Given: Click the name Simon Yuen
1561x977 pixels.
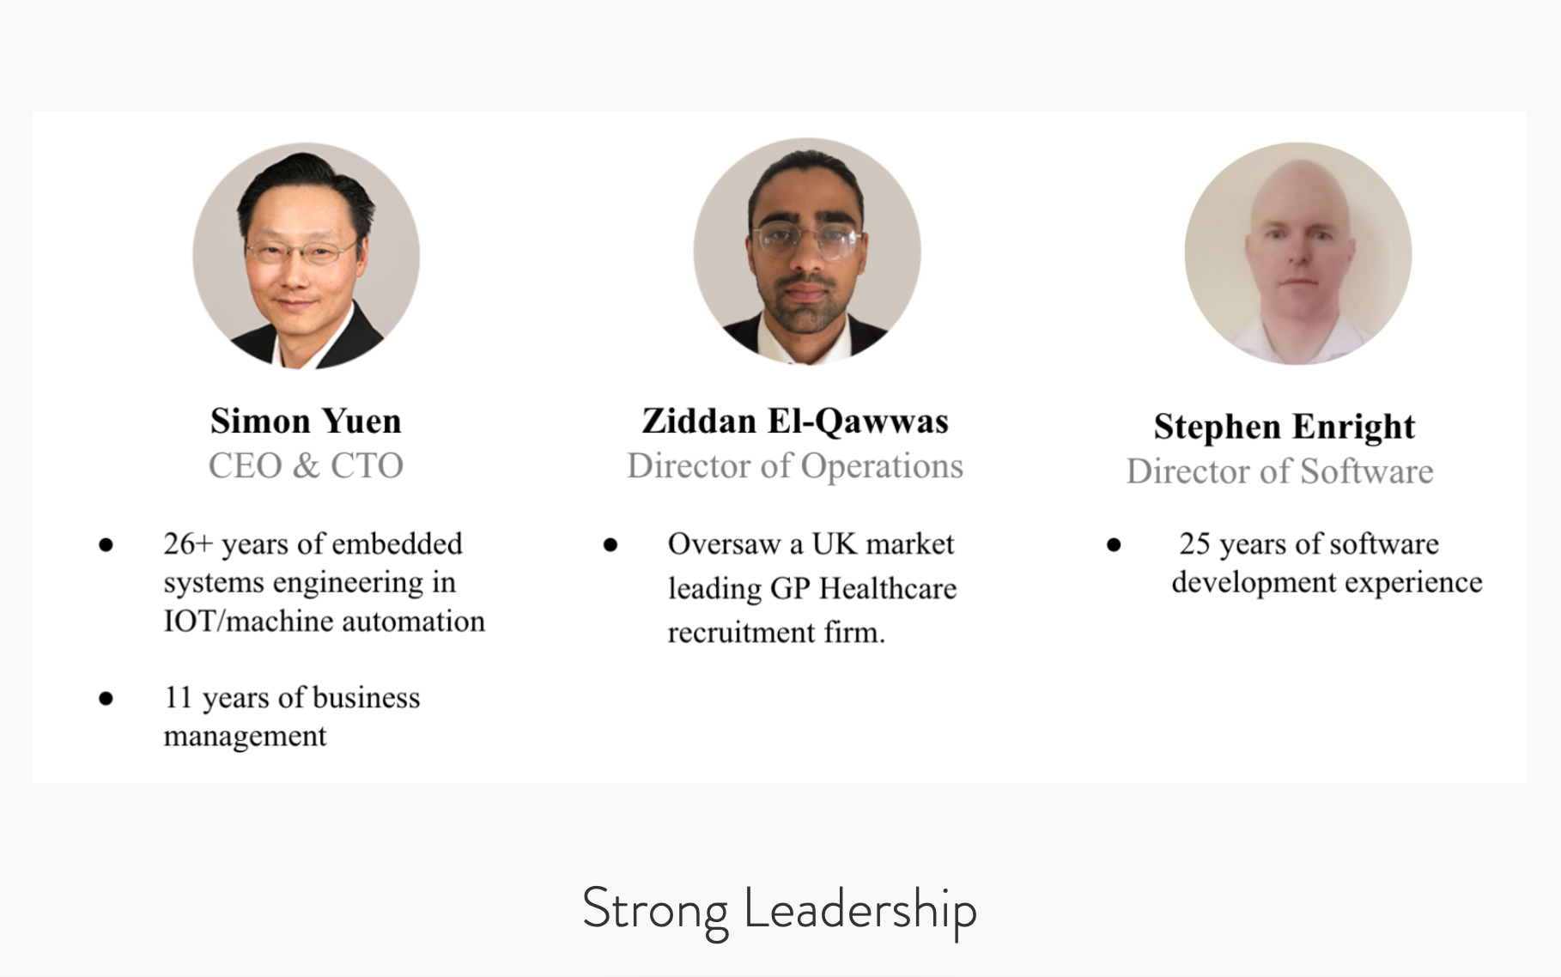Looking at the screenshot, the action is pos(306,422).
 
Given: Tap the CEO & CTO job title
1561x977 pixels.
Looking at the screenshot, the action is pos(306,466).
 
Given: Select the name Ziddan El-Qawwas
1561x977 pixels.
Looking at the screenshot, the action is pos(795,422).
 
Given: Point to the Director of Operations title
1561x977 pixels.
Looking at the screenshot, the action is pos(795,466).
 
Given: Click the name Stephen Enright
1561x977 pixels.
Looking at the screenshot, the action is pos(1285,427).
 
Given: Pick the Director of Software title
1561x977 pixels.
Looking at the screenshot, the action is pos(1280,471).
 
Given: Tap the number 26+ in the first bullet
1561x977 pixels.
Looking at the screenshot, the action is pos(187,543).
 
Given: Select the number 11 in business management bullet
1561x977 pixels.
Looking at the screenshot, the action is pos(178,697).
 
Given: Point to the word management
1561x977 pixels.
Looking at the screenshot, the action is pos(245,736).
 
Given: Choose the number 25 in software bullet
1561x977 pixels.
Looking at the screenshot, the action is pos(1194,543).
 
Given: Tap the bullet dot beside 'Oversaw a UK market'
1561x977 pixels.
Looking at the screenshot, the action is pos(610,545).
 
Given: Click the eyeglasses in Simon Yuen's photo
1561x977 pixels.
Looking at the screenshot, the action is pos(301,252).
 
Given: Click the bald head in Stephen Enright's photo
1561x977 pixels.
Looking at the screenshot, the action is pos(1298,189).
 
